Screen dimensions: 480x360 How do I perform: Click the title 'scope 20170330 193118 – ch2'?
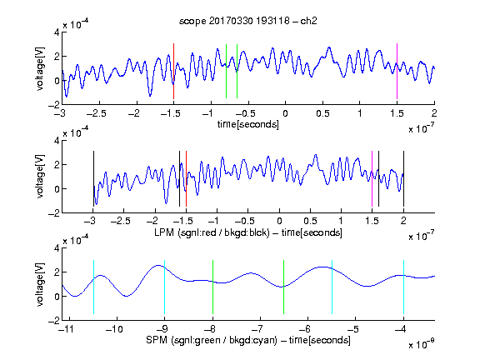248,21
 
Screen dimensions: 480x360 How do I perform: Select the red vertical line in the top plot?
173,72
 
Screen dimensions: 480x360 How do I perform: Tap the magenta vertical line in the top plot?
397,72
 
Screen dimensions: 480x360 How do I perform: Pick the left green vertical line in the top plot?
226,72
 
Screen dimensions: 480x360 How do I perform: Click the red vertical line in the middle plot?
186,179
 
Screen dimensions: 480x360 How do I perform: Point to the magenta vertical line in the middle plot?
372,179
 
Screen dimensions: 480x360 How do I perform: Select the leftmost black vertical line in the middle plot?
93,179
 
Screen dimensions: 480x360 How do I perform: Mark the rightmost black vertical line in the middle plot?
403,179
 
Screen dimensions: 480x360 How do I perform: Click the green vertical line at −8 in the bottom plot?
212,287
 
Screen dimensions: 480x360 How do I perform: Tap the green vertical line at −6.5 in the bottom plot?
284,287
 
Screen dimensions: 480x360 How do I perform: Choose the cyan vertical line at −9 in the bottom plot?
165,287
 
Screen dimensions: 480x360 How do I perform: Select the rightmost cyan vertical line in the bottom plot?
403,287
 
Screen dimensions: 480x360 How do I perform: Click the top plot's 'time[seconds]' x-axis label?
248,124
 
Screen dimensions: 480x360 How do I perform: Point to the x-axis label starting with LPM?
248,232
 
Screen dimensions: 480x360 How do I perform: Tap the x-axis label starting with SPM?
248,340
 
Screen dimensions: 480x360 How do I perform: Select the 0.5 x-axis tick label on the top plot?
322,113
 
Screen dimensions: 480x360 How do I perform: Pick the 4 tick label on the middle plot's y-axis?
57,141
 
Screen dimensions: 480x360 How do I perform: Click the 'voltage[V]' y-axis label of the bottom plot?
40,284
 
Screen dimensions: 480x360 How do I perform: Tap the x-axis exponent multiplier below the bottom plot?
421,343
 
